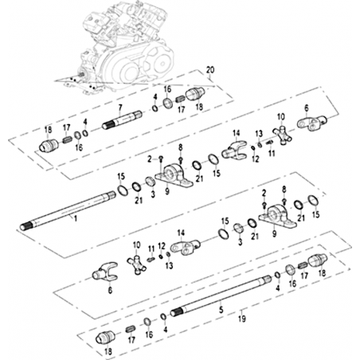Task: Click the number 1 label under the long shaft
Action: click(x=76, y=219)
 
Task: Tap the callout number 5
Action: click(x=221, y=310)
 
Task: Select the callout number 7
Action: click(x=120, y=108)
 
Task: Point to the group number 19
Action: click(x=242, y=319)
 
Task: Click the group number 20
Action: click(x=210, y=70)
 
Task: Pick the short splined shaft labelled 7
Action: click(x=123, y=120)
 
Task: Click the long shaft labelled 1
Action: click(x=68, y=211)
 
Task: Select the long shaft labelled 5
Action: click(x=221, y=295)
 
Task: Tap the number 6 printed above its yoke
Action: click(x=307, y=108)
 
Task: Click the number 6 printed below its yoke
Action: click(x=110, y=290)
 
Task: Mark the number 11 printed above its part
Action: click(x=151, y=249)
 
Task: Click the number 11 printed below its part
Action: click(x=272, y=153)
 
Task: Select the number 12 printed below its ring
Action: click(x=256, y=159)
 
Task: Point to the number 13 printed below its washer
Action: click(x=169, y=265)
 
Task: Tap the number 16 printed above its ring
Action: click(x=167, y=89)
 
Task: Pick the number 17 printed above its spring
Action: click(x=67, y=127)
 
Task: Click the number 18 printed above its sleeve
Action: click(x=49, y=130)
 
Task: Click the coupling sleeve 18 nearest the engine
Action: click(x=195, y=94)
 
